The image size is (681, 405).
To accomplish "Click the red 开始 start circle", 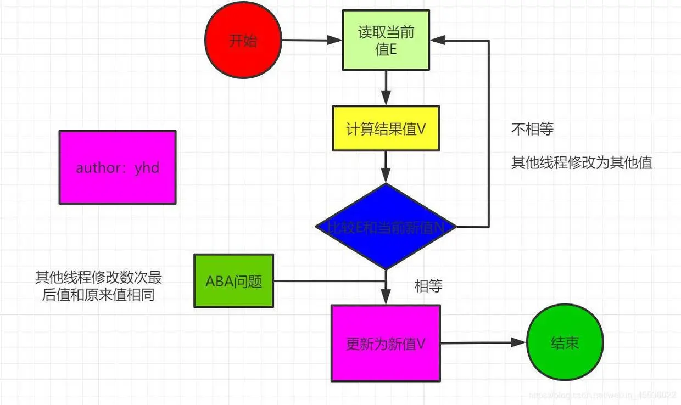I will [x=243, y=41].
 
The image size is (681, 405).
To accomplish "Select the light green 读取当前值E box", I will [x=386, y=40].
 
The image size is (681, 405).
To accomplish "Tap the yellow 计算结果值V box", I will [x=386, y=128].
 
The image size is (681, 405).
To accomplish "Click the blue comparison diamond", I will [x=386, y=227].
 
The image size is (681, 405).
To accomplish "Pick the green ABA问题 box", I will [x=233, y=280].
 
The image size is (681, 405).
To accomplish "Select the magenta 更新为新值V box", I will [x=386, y=344].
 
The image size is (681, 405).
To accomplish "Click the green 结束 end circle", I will [x=565, y=343].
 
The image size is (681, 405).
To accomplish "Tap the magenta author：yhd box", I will [x=118, y=167].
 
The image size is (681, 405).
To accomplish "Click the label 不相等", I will [x=532, y=130].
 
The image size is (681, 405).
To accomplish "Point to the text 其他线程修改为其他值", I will [x=582, y=163].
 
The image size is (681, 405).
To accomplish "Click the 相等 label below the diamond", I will [x=428, y=286].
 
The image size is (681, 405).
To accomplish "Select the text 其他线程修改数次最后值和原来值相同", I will [x=99, y=286].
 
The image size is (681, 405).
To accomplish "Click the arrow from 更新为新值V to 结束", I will [x=483, y=342].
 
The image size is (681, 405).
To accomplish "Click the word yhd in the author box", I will [x=147, y=168].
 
